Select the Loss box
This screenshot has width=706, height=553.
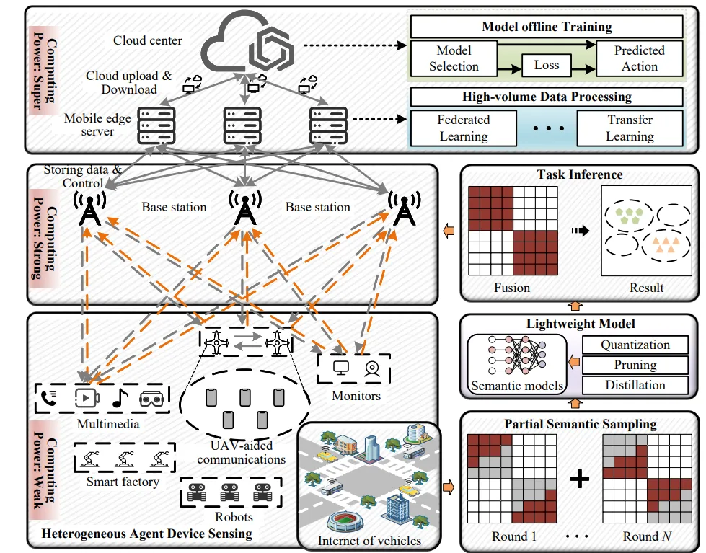point(547,65)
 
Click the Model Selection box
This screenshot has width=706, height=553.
point(454,58)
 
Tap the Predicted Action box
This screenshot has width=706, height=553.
point(639,58)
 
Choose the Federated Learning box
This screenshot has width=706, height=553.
point(463,128)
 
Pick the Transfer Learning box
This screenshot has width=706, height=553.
point(630,128)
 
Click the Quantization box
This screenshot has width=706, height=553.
point(635,345)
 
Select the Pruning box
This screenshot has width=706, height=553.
point(635,366)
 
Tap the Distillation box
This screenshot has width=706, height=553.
point(635,385)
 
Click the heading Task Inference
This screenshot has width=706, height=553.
point(580,174)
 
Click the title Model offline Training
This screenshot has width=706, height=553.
point(547,27)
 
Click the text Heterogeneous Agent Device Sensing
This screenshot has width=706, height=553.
point(146,534)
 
